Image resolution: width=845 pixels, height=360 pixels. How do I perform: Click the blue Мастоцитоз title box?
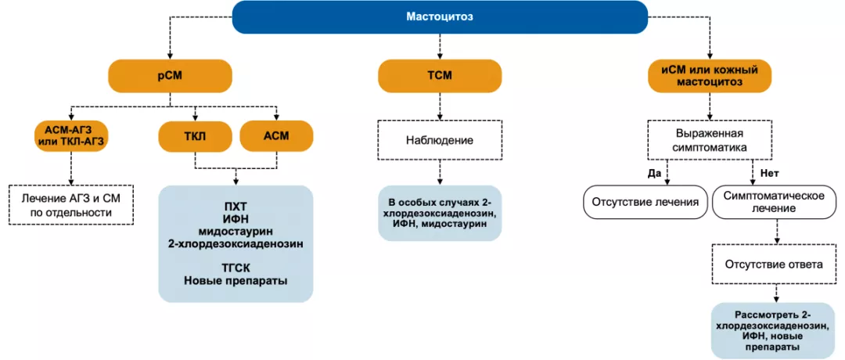(439, 17)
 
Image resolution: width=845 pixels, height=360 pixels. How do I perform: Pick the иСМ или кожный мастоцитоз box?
(710, 76)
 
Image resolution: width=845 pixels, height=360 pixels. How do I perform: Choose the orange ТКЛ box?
(196, 135)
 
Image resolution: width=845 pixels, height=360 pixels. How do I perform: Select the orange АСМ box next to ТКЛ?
(276, 135)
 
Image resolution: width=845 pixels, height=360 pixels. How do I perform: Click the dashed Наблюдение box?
(439, 141)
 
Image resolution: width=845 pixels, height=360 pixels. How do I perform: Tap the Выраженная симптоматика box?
(709, 141)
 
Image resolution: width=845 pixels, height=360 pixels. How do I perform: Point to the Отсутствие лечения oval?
(645, 201)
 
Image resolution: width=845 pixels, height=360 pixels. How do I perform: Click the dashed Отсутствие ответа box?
(775, 264)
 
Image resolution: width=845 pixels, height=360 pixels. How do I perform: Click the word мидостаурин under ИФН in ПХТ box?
(236, 231)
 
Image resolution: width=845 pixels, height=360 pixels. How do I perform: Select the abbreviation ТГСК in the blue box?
(236, 266)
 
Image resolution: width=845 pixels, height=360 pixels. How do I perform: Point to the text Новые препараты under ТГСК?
(236, 279)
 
